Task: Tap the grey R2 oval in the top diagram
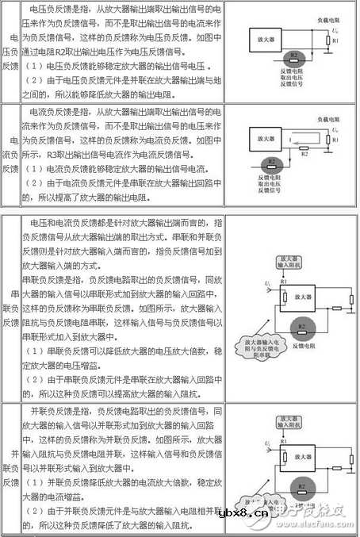294,56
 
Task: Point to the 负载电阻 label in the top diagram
326,14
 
